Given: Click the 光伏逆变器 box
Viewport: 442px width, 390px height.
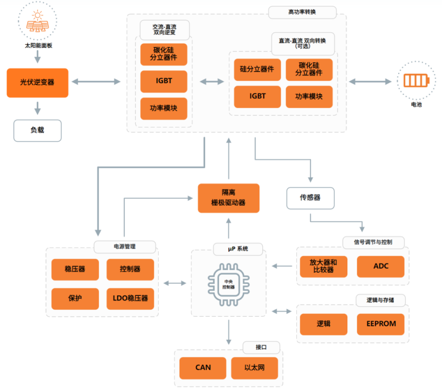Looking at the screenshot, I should click(37, 83).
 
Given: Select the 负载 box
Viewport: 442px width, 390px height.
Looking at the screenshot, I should click(37, 130).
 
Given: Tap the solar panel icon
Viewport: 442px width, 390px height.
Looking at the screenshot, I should click(37, 22).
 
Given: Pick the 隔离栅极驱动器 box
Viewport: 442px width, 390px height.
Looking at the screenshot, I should click(228, 198).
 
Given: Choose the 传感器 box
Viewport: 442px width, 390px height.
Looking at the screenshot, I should click(310, 197).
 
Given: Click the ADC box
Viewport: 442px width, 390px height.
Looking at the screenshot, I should click(380, 266).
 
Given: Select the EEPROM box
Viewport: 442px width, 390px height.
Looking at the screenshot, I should click(380, 324).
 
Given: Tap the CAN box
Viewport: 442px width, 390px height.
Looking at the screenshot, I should click(203, 368).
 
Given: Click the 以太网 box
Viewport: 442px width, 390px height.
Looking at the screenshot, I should click(254, 368).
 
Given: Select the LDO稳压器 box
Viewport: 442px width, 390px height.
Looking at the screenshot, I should click(130, 298).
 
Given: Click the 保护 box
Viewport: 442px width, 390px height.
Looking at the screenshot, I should click(75, 298).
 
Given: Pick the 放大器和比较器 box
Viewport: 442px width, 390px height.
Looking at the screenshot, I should click(324, 266).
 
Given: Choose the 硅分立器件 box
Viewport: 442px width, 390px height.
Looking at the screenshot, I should click(257, 70).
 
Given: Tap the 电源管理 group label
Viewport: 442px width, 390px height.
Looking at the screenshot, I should click(124, 246).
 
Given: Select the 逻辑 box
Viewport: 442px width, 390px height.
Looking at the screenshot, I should click(324, 324).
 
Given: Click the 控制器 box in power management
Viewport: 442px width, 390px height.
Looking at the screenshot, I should click(130, 269).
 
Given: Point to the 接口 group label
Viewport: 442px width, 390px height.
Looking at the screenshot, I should click(261, 347).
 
